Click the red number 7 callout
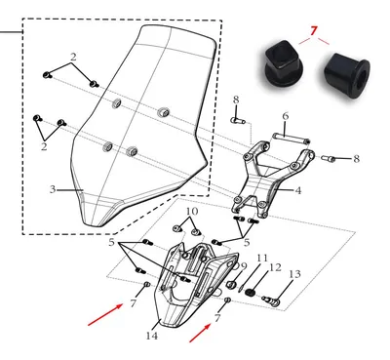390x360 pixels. coord(313,31)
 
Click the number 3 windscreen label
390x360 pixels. coord(53,189)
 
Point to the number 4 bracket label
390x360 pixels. coord(298,190)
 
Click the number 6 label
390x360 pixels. coord(286,116)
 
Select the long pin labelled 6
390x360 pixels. coord(292,139)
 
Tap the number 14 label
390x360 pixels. coord(152,336)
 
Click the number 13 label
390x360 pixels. coord(294,274)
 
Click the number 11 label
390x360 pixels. coord(262,259)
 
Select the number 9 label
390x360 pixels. coord(244,266)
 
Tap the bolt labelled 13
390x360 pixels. coord(271,300)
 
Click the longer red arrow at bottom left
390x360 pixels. coord(105,314)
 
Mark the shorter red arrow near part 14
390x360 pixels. coord(201,333)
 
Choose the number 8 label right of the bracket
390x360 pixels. coord(357,159)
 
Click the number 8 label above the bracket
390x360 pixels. coord(236,100)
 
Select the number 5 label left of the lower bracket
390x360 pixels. coord(112,242)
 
